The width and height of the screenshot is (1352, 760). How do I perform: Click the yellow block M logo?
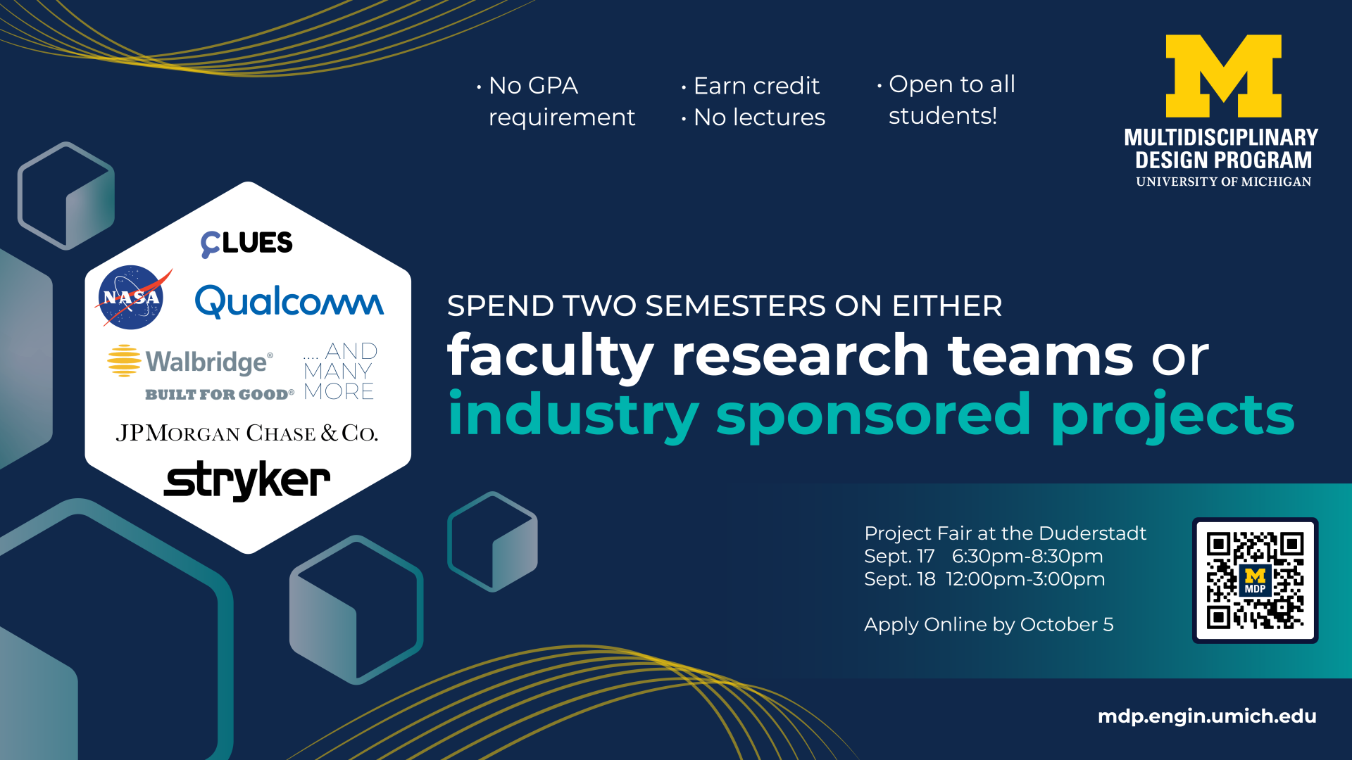click(1224, 76)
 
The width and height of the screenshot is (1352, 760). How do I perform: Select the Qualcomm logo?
click(289, 301)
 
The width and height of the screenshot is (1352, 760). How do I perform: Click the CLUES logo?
click(246, 243)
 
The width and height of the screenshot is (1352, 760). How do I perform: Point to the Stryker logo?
click(247, 481)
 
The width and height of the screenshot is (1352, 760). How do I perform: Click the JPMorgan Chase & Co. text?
click(247, 433)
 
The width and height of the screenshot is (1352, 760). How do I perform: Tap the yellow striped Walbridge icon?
click(124, 360)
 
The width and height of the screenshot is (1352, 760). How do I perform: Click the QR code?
click(1255, 581)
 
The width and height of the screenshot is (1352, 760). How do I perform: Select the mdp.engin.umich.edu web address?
click(1207, 716)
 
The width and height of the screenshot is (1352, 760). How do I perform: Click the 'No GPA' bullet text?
click(533, 86)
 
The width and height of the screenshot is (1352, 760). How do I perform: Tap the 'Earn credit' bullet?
click(756, 86)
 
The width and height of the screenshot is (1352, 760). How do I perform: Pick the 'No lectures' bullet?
click(759, 118)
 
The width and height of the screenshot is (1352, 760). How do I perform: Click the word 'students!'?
click(943, 116)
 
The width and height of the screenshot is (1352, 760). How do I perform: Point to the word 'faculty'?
click(551, 357)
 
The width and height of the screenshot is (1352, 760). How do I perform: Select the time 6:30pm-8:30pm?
click(1027, 557)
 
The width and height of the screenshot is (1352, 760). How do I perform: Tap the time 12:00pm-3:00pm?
click(1025, 579)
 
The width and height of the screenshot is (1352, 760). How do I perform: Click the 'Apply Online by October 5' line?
click(989, 625)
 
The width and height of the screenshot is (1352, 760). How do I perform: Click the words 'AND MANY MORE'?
click(340, 371)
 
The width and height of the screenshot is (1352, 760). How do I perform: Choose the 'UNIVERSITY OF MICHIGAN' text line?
click(1224, 182)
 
